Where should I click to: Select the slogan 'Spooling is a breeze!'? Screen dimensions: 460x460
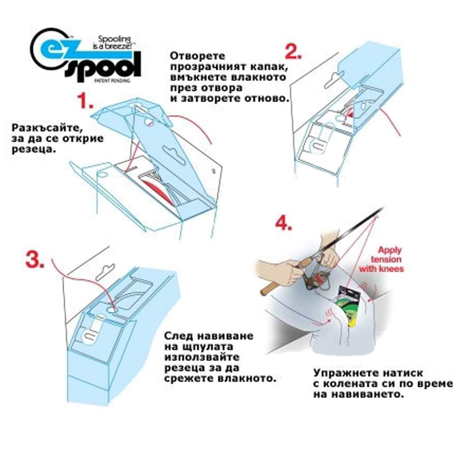pos(115,42)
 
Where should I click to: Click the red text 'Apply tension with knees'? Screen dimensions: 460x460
pos(382,259)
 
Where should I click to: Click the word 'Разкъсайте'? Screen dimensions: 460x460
pos(46,128)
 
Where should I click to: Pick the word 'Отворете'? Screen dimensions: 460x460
pos(197,56)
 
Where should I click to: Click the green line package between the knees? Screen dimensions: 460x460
pos(350,306)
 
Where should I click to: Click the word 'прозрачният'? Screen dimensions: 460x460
pos(208,67)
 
